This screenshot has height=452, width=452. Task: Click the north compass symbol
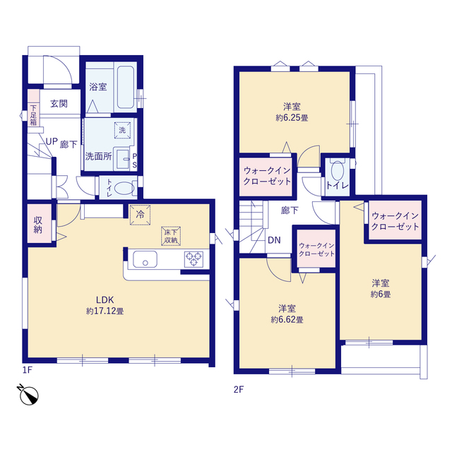pyautogui.click(x=28, y=395)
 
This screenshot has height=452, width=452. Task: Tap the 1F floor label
pyautogui.click(x=28, y=370)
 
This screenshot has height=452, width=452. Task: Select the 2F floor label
pyautogui.click(x=239, y=390)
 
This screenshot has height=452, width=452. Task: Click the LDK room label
pyautogui.click(x=105, y=300)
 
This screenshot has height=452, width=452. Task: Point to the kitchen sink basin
pyautogui.click(x=145, y=259)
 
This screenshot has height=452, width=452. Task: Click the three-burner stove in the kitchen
pyautogui.click(x=194, y=259)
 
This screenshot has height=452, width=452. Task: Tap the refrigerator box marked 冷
pyautogui.click(x=140, y=215)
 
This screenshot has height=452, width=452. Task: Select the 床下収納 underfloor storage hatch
pyautogui.click(x=171, y=236)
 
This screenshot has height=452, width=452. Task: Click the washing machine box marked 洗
pyautogui.click(x=122, y=130)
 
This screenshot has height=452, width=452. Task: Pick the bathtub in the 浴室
pyautogui.click(x=126, y=88)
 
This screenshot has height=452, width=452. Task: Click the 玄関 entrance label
pyautogui.click(x=59, y=104)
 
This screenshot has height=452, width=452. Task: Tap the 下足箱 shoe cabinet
pyautogui.click(x=33, y=108)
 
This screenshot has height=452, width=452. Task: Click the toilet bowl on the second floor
pyautogui.click(x=338, y=171)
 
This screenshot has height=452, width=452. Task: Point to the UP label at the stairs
pyautogui.click(x=52, y=141)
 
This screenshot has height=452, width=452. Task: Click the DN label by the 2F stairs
pyautogui.click(x=274, y=240)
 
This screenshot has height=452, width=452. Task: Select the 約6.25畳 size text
pyautogui.click(x=292, y=118)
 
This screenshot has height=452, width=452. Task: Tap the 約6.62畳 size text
pyautogui.click(x=287, y=320)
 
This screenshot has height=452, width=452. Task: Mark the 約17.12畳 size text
pyautogui.click(x=105, y=311)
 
